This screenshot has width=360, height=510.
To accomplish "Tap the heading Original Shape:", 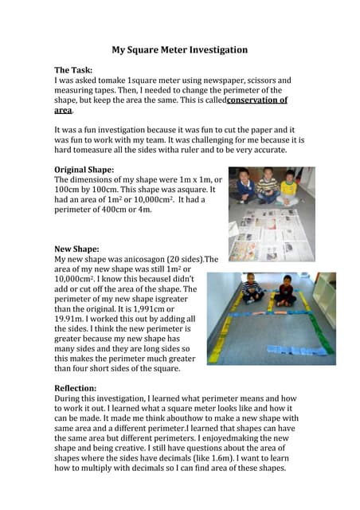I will [84, 170].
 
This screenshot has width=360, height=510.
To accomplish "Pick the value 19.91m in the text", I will [70, 319].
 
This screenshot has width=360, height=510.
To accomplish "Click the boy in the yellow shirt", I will [288, 186].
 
